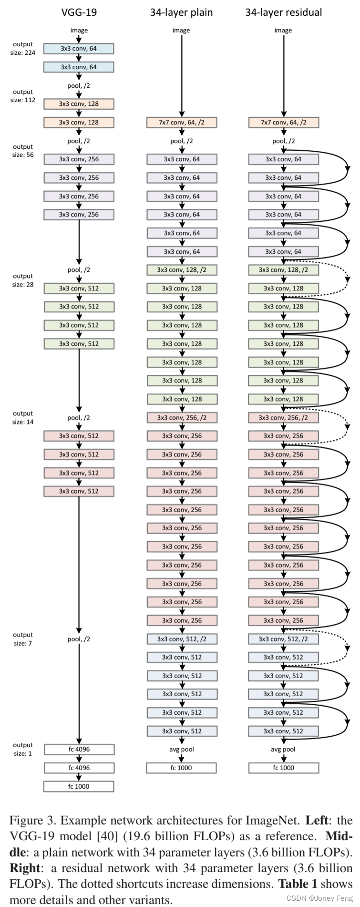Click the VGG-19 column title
(x=79, y=12)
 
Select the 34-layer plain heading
(x=181, y=12)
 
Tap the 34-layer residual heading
(x=283, y=12)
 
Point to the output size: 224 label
(x=23, y=48)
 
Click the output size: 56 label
(x=23, y=151)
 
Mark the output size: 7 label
(x=23, y=639)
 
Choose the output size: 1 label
(x=23, y=749)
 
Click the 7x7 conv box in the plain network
(x=181, y=123)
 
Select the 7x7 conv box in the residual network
(x=283, y=123)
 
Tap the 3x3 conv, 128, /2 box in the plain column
(x=181, y=270)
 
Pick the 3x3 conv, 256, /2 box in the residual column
(x=283, y=418)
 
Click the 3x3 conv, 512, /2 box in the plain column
(x=181, y=639)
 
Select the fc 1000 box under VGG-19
(x=79, y=786)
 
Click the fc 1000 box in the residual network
(x=283, y=768)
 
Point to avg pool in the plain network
(x=181, y=749)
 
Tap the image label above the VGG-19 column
(x=79, y=30)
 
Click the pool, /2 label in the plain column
(x=181, y=141)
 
